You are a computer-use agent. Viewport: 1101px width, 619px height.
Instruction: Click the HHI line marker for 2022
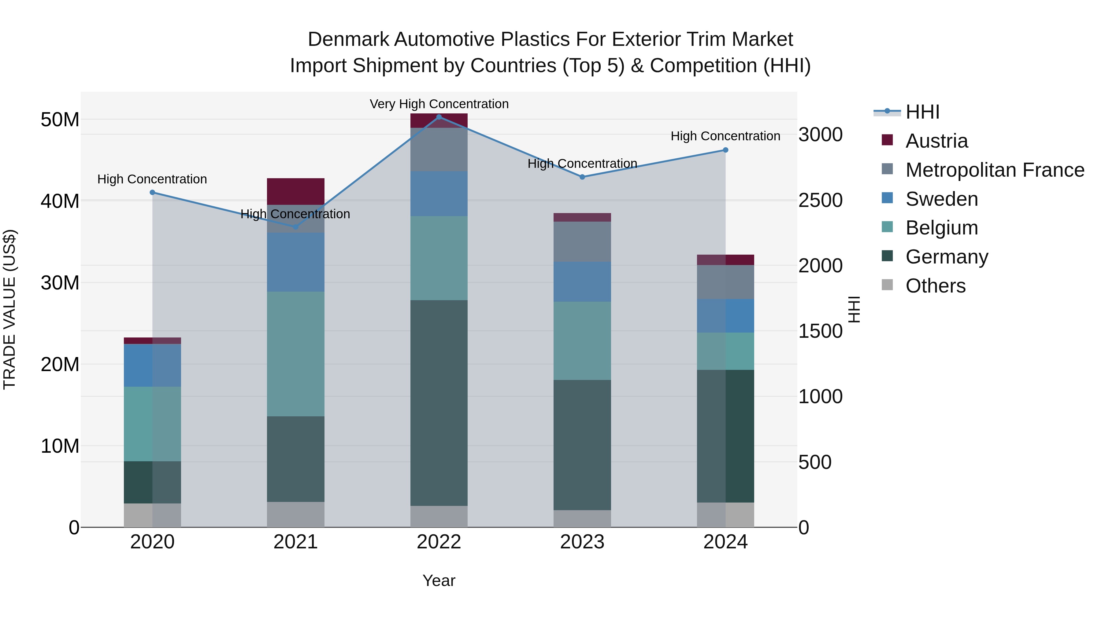(439, 117)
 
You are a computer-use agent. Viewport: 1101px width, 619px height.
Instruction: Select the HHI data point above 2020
(152, 192)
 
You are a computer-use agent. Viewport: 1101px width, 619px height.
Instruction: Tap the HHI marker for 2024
(725, 150)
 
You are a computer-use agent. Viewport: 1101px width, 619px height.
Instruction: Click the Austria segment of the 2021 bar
(295, 191)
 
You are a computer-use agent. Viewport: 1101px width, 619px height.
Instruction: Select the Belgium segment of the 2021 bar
(295, 354)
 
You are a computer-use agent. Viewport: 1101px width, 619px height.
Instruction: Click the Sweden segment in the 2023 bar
(582, 282)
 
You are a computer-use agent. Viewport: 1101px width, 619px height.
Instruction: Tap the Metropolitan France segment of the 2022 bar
(439, 149)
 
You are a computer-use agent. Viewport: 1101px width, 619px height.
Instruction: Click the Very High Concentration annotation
(439, 104)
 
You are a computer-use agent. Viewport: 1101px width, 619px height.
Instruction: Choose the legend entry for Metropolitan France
(994, 170)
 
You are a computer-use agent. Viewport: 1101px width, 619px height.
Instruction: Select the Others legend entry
(935, 286)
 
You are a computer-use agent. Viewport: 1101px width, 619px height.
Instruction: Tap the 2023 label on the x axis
(582, 542)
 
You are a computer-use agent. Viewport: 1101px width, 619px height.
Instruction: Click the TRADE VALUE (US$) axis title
(9, 309)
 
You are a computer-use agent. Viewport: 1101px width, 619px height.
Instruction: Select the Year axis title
(439, 580)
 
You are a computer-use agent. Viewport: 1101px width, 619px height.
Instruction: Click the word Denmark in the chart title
(348, 39)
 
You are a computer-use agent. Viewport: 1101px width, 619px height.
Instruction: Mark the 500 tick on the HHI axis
(815, 462)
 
